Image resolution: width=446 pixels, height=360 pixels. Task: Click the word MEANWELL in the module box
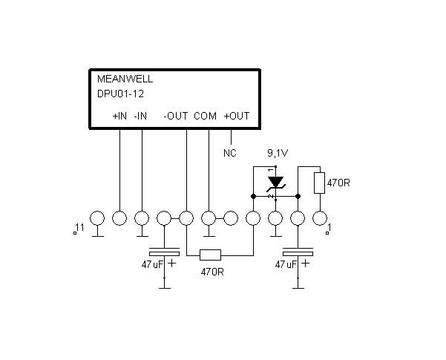pyautogui.click(x=125, y=79)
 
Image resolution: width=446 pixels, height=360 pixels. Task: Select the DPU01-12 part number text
pyautogui.click(x=121, y=94)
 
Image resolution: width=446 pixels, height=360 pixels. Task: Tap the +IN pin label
pyautogui.click(x=119, y=116)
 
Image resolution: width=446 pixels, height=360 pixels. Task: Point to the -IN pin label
pyautogui.click(x=140, y=116)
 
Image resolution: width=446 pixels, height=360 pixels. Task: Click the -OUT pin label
pyautogui.click(x=175, y=116)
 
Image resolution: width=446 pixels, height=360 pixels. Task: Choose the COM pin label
pyautogui.click(x=205, y=116)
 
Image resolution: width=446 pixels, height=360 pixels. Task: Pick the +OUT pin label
pyautogui.click(x=237, y=116)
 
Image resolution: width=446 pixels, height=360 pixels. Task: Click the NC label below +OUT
pyautogui.click(x=230, y=153)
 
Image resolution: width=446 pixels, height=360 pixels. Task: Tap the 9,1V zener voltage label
pyautogui.click(x=278, y=154)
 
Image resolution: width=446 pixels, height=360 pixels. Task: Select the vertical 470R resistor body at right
pyautogui.click(x=319, y=183)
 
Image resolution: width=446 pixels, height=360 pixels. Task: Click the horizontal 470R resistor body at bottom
pyautogui.click(x=210, y=255)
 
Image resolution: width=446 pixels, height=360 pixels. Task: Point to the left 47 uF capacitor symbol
pyautogui.click(x=165, y=252)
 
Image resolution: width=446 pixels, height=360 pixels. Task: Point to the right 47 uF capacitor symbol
pyautogui.click(x=298, y=252)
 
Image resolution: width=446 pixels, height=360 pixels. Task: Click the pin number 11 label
pyautogui.click(x=80, y=227)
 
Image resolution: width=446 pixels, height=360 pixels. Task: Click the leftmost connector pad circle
pyautogui.click(x=97, y=218)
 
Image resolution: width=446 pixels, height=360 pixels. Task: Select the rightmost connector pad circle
pyautogui.click(x=320, y=218)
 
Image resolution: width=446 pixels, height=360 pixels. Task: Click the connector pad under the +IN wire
pyautogui.click(x=119, y=218)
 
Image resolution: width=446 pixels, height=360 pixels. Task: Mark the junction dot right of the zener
pyautogui.click(x=298, y=197)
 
